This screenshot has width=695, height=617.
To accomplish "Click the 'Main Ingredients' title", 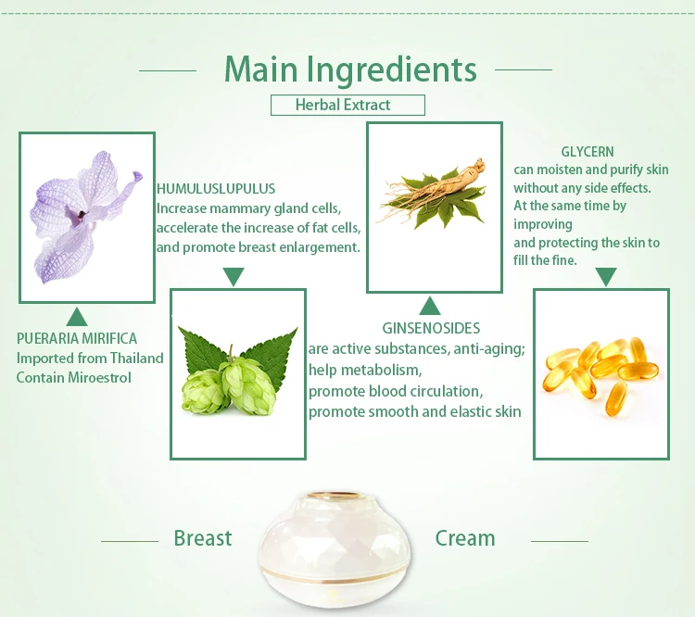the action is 350,70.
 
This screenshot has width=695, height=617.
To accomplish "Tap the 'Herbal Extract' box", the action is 347,105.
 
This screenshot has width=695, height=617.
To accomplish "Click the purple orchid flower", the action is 86,217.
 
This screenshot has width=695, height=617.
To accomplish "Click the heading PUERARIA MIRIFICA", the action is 77,339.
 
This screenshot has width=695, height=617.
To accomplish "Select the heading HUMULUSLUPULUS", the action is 216,189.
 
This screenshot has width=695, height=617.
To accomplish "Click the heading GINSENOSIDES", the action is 431,329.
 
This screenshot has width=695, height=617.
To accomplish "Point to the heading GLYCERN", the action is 588,152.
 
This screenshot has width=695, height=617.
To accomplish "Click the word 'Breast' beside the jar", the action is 203,538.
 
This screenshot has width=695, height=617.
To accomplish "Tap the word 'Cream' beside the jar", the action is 465,538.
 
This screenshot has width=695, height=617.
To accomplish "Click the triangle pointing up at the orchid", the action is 77,318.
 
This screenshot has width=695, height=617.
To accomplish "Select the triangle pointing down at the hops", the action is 234,277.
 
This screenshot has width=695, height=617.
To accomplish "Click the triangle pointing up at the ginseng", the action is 429,307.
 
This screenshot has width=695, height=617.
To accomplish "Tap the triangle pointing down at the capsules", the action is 606,277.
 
